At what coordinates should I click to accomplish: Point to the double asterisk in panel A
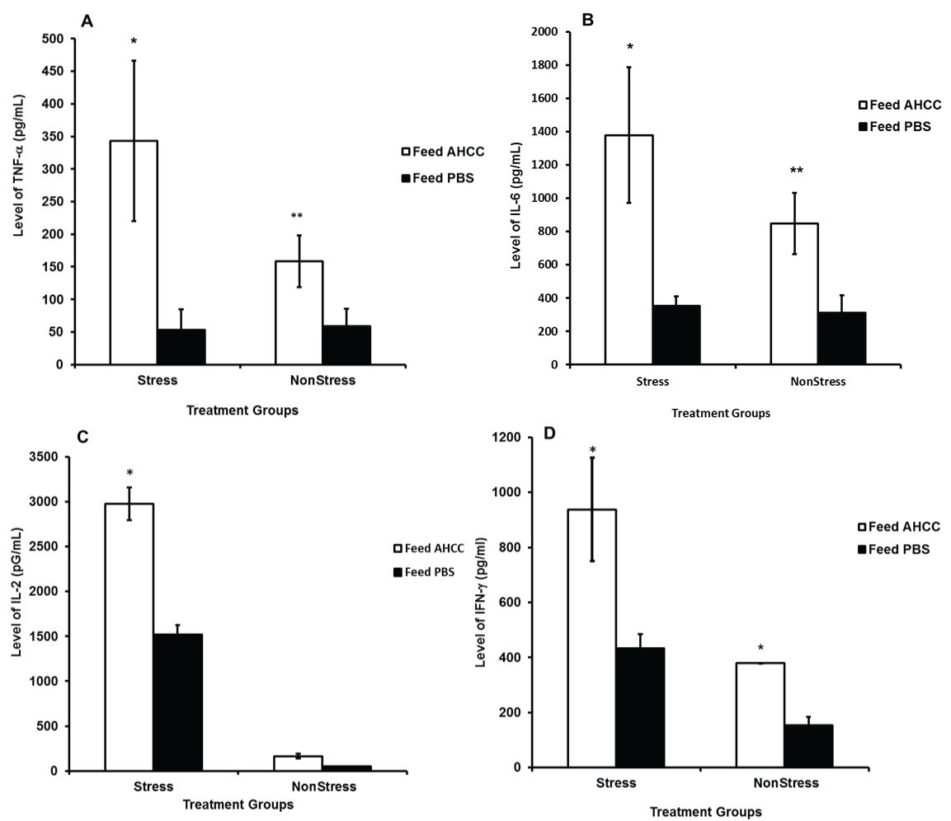point(297,217)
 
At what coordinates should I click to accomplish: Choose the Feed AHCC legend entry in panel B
point(898,106)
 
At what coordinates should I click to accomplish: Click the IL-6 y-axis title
point(518,198)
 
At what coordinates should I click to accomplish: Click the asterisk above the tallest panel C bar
point(129,473)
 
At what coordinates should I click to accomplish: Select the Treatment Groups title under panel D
point(705,812)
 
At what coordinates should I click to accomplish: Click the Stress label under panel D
point(618,783)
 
